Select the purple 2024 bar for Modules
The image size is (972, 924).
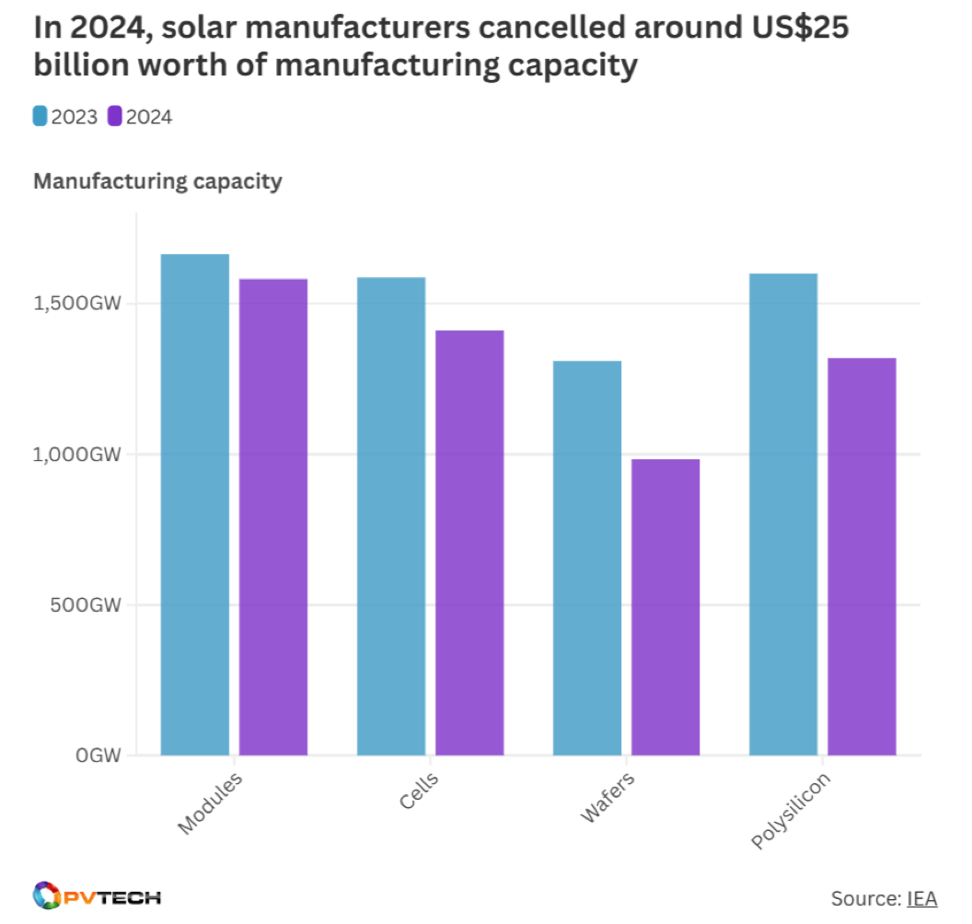click(x=273, y=516)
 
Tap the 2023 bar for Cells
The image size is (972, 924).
click(x=391, y=515)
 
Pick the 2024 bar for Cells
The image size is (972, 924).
click(x=469, y=543)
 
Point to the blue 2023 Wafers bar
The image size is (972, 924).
click(x=587, y=558)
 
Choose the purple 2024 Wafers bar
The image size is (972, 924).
click(x=665, y=607)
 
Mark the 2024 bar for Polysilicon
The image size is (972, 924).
click(x=862, y=556)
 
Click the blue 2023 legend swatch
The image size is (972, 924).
click(x=40, y=116)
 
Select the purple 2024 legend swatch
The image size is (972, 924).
click(x=115, y=116)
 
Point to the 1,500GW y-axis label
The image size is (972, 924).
click(x=78, y=304)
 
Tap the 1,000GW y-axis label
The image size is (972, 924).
click(x=78, y=455)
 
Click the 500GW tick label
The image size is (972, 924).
click(x=88, y=606)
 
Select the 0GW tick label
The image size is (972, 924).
click(x=98, y=757)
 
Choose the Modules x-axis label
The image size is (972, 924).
click(x=211, y=803)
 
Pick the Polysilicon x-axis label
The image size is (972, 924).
click(x=791, y=810)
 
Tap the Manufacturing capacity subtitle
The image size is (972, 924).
click(x=157, y=181)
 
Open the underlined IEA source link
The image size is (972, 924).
click(x=921, y=898)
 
